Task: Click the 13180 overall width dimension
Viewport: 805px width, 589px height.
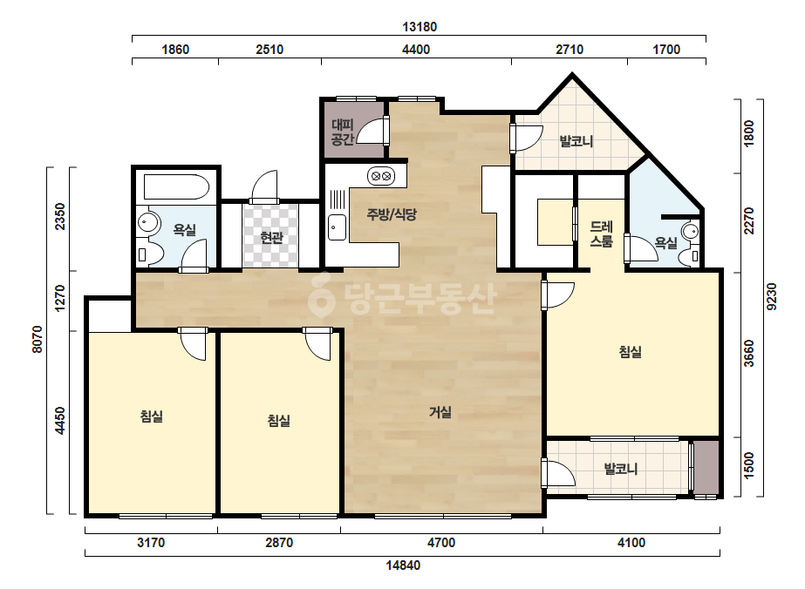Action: pos(420,27)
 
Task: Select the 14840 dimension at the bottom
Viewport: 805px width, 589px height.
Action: pos(403,565)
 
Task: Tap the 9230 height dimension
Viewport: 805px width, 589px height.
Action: pos(772,296)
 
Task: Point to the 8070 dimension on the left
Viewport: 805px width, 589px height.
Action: pos(38,339)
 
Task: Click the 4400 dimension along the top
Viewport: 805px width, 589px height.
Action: pos(416,50)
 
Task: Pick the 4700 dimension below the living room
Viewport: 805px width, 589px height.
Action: pos(441,542)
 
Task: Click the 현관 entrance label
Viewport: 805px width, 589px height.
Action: pos(271,238)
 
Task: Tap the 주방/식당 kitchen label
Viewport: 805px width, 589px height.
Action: pos(392,214)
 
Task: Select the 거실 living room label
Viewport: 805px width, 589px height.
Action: pos(440,411)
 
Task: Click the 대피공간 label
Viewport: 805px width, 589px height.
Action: pos(343,132)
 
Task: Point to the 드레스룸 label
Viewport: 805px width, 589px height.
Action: pos(601,234)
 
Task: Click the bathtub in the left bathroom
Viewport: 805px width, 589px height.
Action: pos(176,187)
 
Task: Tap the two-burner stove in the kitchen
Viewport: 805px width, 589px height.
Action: pos(381,177)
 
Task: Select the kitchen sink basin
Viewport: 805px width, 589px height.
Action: pos(338,227)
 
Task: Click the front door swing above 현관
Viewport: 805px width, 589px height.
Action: pos(264,186)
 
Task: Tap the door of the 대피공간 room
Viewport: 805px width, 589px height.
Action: pos(372,131)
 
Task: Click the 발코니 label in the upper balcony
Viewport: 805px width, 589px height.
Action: pos(576,141)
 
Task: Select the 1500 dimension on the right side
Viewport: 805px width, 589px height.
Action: pos(749,466)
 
